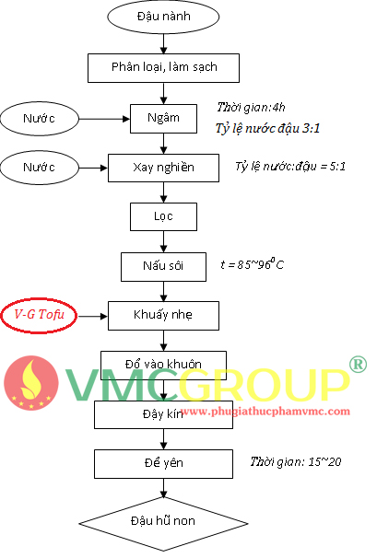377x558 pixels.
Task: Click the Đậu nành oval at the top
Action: pos(163,17)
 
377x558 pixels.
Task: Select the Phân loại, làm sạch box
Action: pos(163,68)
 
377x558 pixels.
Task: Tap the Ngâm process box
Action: pos(163,119)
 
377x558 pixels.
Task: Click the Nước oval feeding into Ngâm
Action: pos(40,119)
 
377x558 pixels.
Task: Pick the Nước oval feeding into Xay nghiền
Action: pos(40,168)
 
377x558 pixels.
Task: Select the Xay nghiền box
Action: pos(163,168)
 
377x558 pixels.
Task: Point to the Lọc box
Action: pos(163,216)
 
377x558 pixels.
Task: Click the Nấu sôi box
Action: pos(163,267)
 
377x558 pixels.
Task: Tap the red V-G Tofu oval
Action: pos(39,315)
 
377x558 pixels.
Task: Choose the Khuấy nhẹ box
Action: pos(163,316)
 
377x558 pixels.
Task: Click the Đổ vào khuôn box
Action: pos(163,365)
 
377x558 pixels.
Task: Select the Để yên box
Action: pos(163,464)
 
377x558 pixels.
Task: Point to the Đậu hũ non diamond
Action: pos(163,524)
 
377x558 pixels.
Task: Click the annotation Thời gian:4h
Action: pos(252,108)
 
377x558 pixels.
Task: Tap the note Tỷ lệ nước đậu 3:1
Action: pos(267,129)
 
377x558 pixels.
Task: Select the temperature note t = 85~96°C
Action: pos(253,264)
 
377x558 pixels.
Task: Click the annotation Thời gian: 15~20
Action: pos(296,461)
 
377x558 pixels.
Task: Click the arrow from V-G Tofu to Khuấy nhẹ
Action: pos(93,316)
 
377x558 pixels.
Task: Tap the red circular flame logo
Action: pos(31,383)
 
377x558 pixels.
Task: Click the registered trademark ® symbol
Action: pos(357,364)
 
